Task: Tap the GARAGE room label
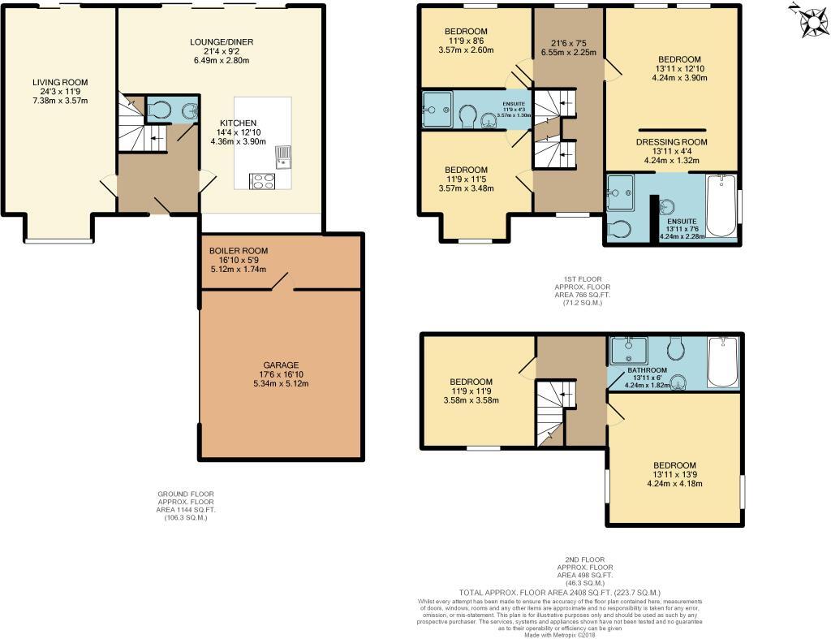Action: coord(281,365)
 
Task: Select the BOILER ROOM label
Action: coord(238,251)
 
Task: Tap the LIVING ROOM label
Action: coord(60,82)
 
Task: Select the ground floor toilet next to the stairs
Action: coord(160,110)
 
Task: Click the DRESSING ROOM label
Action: coord(671,141)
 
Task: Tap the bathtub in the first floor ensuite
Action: coord(721,206)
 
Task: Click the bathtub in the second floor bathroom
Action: coord(722,361)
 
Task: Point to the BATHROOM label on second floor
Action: coord(647,370)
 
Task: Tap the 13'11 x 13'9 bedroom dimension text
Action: coord(674,474)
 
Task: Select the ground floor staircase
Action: coord(139,130)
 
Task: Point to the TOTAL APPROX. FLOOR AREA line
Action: coord(560,593)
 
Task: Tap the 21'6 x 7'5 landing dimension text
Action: coord(568,43)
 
